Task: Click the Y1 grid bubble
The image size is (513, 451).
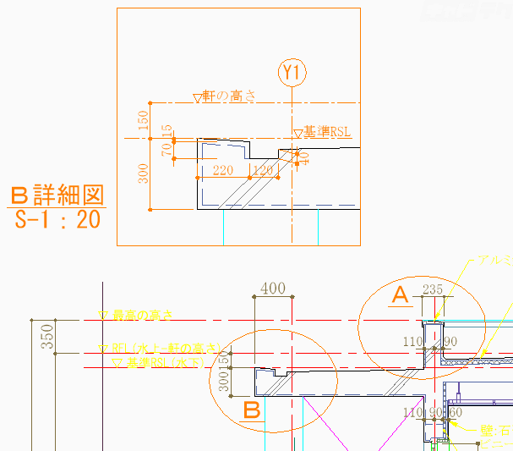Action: coord(293,73)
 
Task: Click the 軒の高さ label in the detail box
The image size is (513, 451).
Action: coord(224,97)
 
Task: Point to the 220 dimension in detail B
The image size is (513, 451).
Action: coord(223,171)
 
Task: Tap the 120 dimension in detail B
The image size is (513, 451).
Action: coord(264,171)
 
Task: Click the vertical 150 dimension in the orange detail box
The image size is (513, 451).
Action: coord(144,120)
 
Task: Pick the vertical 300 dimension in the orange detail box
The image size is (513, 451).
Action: coord(144,173)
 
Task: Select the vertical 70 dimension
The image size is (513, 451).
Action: coord(167,149)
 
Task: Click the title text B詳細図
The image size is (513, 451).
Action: coord(57,196)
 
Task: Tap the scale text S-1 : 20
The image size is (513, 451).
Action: coord(58,221)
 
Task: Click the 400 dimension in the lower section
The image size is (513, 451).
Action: coord(273,289)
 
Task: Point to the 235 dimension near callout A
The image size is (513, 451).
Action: coord(433,289)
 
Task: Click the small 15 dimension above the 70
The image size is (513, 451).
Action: coord(167,131)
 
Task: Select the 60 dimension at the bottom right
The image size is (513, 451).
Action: coord(456,412)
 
